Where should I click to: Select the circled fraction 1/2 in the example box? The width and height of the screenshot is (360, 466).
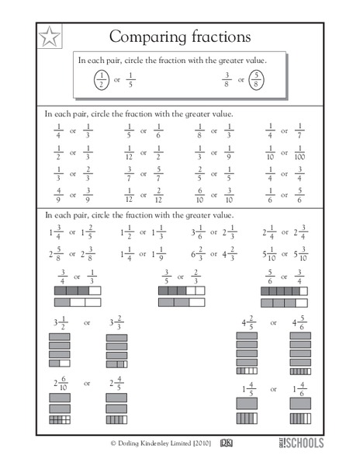tap(101, 79)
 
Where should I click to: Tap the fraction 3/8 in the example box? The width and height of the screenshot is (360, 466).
tap(226, 79)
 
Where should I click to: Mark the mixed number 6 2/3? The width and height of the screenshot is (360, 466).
tap(199, 253)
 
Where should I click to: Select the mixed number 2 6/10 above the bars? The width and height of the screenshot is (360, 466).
tap(59, 382)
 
